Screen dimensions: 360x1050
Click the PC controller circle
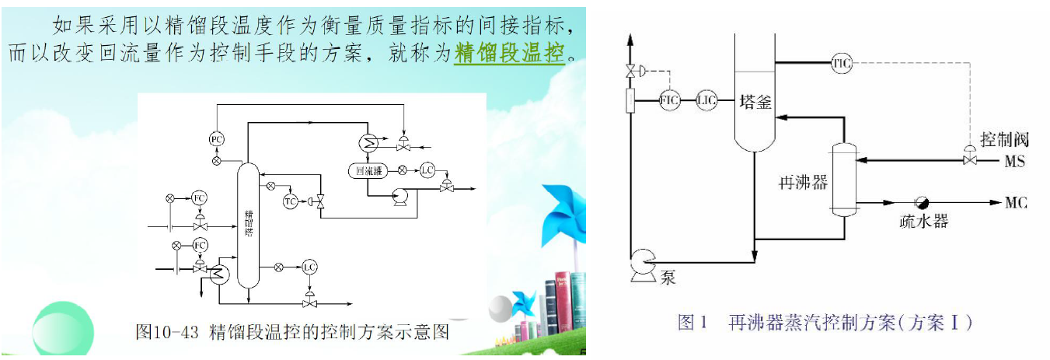click(x=216, y=139)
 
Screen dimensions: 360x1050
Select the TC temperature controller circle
click(x=290, y=201)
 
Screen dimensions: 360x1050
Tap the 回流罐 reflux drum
click(x=368, y=170)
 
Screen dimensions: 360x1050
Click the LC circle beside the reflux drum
click(x=427, y=170)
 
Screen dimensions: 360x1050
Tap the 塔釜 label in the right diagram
click(x=755, y=102)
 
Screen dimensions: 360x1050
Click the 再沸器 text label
click(x=802, y=183)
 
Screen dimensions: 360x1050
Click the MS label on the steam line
click(x=1014, y=162)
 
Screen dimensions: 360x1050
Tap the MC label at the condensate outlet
click(x=1016, y=204)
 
